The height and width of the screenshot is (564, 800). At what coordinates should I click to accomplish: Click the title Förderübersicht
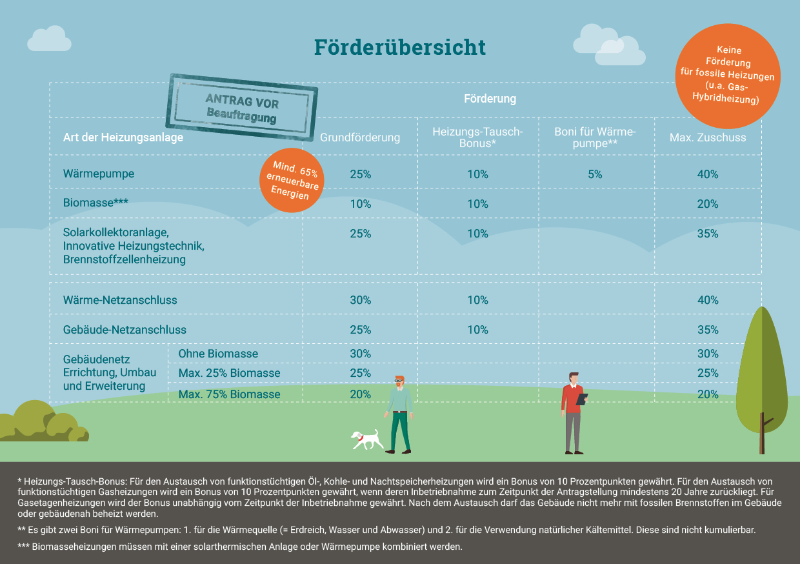click(399, 47)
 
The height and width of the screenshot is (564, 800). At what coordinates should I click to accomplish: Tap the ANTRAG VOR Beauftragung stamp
click(242, 107)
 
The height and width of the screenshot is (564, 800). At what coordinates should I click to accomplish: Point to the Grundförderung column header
click(360, 137)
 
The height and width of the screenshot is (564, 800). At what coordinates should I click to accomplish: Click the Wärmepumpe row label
click(99, 174)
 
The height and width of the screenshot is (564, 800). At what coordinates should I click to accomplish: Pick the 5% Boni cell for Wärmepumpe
click(595, 174)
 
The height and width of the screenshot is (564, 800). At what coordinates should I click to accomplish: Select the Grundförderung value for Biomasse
click(360, 204)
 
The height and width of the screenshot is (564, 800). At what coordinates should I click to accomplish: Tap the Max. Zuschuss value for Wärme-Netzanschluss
click(708, 300)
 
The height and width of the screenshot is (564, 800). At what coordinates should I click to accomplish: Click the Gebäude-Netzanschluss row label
click(125, 330)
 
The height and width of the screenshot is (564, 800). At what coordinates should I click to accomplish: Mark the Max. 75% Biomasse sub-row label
click(229, 394)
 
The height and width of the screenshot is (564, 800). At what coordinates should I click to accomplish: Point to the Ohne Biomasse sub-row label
click(218, 354)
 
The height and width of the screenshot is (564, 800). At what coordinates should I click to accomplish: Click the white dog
click(366, 439)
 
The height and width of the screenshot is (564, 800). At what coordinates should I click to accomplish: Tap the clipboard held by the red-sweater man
click(581, 399)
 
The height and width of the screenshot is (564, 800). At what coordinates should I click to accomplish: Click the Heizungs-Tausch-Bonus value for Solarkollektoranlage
click(477, 234)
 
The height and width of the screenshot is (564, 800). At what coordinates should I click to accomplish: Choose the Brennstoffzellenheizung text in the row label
click(125, 259)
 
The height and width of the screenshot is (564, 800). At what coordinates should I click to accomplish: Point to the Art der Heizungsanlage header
click(123, 137)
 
